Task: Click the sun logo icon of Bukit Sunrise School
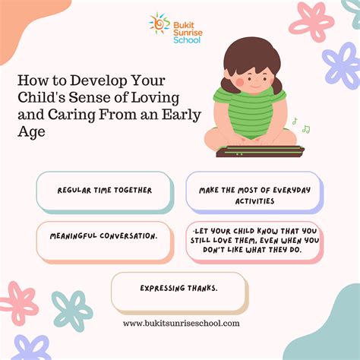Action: pos(159,24)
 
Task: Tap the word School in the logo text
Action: pos(187,40)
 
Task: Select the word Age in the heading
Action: pos(31,132)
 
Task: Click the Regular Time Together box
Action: pos(105,192)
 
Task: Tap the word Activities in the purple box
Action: pos(254,201)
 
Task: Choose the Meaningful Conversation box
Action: pos(105,242)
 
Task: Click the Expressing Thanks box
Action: pos(179,292)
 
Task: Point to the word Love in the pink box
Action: pos(223,240)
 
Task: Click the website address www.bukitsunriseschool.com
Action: pos(182,324)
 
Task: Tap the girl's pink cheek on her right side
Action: pos(239,81)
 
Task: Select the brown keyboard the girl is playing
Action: pos(260,151)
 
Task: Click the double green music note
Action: pos(306,129)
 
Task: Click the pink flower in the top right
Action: pos(311,21)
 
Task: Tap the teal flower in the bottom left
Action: pos(72,311)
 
